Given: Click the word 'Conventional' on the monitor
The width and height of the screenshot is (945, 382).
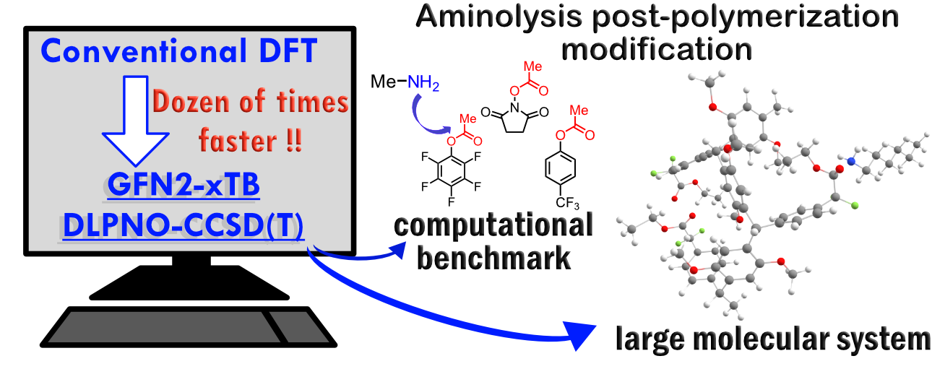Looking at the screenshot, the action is (144, 51).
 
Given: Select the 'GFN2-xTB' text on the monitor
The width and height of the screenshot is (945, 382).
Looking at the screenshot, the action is (184, 184).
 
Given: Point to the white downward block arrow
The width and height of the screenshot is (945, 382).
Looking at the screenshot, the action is (135, 121).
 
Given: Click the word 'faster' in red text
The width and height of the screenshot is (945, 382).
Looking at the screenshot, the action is (238, 140).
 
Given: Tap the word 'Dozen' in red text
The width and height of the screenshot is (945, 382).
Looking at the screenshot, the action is (192, 101).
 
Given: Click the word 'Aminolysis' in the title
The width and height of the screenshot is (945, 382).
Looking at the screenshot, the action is (499, 17).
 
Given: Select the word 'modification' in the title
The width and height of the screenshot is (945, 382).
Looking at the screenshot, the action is (657, 49).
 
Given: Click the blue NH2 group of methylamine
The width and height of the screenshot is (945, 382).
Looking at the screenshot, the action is (423, 82).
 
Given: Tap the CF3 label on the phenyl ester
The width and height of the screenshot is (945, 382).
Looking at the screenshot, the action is (567, 203).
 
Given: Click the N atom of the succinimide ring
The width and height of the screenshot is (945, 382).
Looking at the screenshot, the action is (514, 108).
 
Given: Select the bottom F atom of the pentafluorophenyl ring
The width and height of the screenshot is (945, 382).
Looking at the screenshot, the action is (452, 202).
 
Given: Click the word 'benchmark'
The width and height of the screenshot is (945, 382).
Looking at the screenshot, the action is (493, 258).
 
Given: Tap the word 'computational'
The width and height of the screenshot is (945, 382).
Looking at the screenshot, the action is (493, 225).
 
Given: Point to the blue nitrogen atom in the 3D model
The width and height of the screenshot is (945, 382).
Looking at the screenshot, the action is (851, 161).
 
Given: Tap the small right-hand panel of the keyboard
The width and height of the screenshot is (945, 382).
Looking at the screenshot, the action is (300, 327).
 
